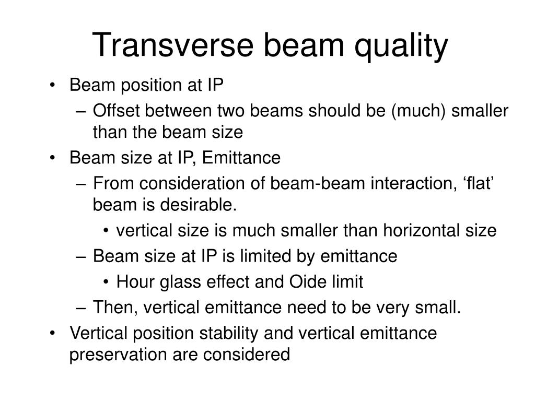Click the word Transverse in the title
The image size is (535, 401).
(172, 45)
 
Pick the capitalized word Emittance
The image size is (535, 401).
(241, 158)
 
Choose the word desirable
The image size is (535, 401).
(198, 205)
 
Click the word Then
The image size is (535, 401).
(115, 307)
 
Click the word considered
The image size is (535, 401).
(247, 355)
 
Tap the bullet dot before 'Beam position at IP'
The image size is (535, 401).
(52, 85)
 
